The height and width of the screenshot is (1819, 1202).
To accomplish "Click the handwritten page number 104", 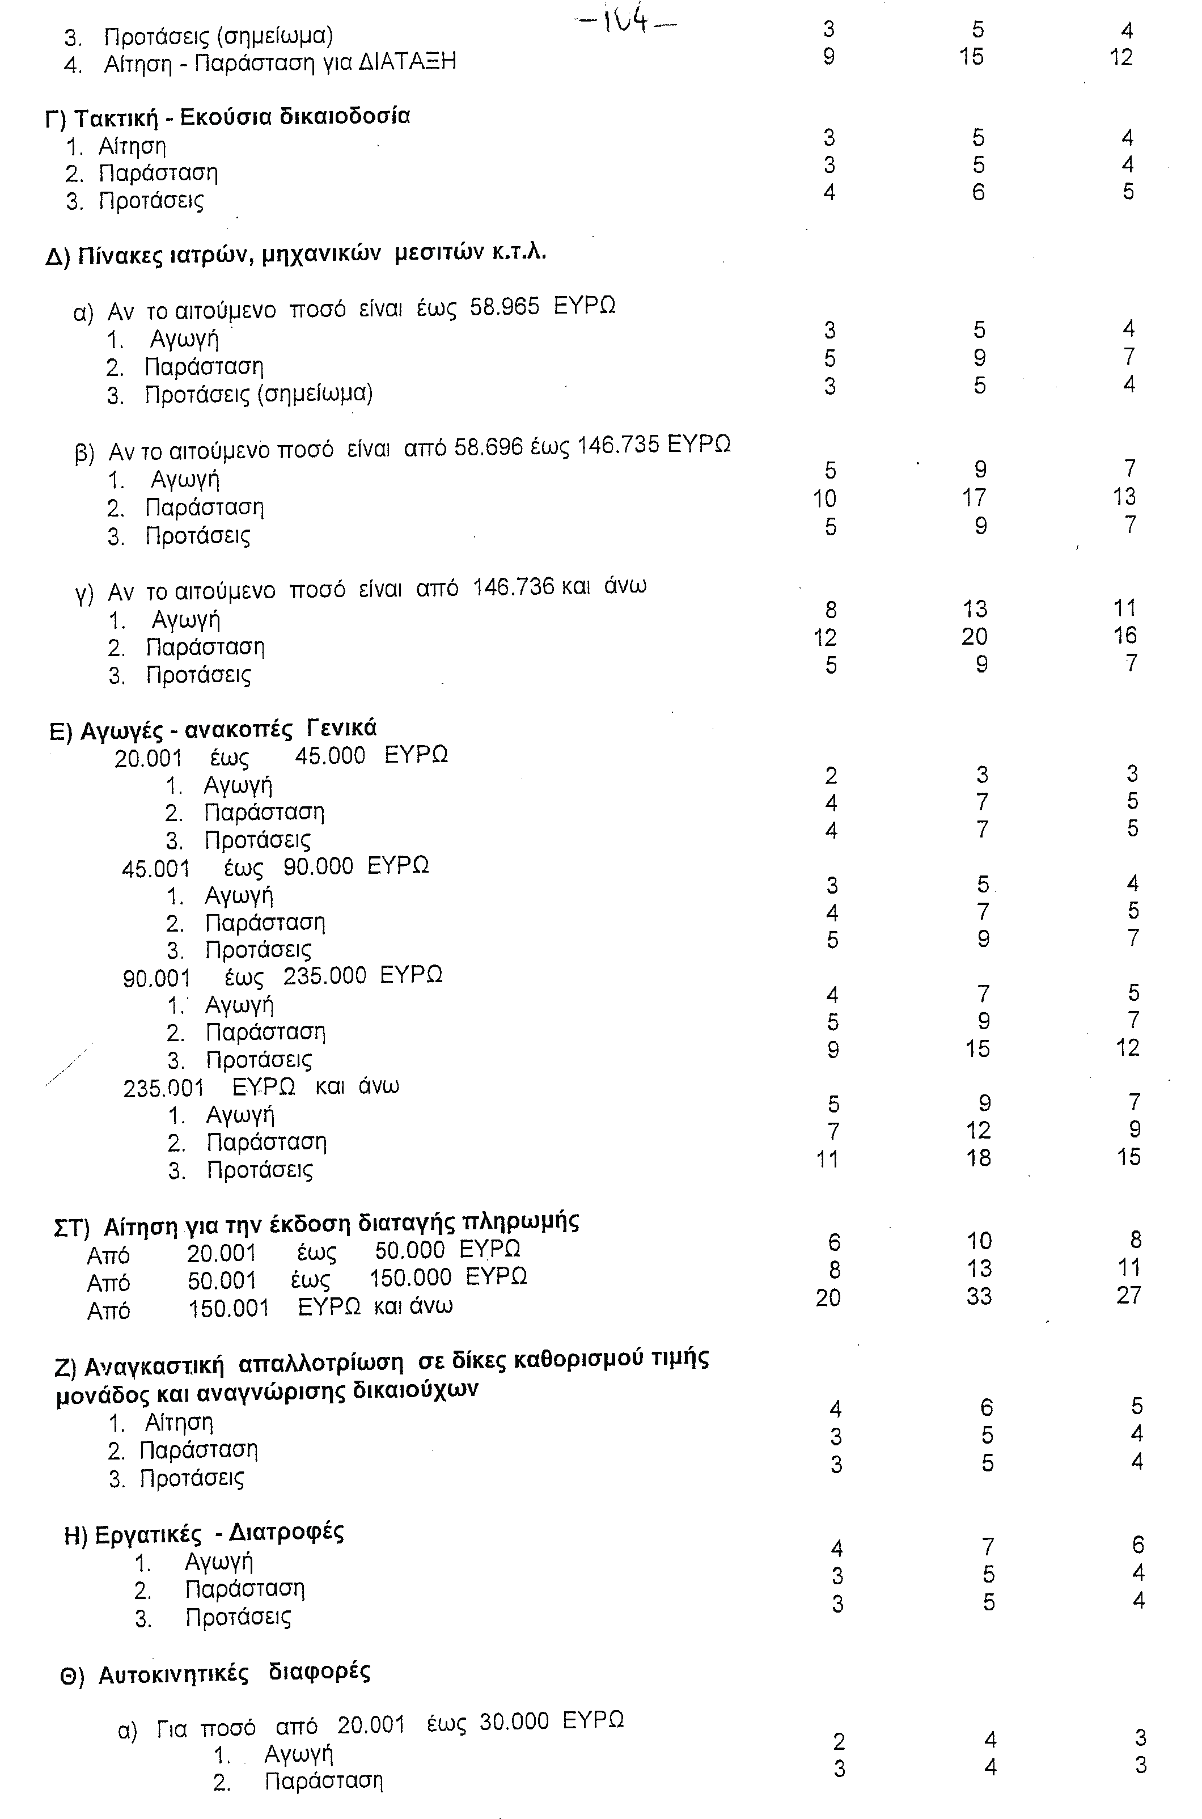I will tap(625, 22).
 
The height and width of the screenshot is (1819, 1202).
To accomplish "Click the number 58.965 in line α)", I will tap(505, 307).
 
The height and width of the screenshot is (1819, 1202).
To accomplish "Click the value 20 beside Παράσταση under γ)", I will tap(974, 636).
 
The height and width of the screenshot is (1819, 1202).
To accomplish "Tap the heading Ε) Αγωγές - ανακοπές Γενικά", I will tap(213, 730).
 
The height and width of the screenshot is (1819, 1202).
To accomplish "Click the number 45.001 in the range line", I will tap(155, 869).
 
